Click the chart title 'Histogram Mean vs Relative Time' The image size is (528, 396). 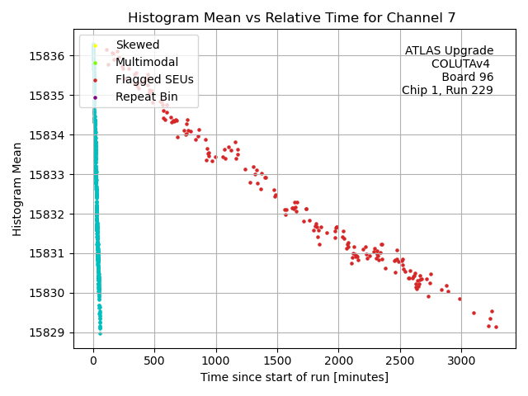[264, 17]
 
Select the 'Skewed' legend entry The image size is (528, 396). [138, 45]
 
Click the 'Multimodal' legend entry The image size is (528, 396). [147, 62]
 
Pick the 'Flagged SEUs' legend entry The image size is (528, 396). [154, 79]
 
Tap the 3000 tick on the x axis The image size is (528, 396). [461, 361]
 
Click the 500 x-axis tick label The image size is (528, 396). [154, 361]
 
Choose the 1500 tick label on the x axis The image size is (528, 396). [277, 361]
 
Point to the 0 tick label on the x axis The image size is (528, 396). [93, 361]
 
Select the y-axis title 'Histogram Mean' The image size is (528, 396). [17, 189]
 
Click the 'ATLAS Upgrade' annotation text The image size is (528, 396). [449, 51]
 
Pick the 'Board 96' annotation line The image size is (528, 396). [467, 77]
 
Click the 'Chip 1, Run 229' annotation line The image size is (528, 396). [447, 90]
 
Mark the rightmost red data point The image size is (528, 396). [496, 327]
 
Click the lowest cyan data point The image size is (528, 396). [100, 333]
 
